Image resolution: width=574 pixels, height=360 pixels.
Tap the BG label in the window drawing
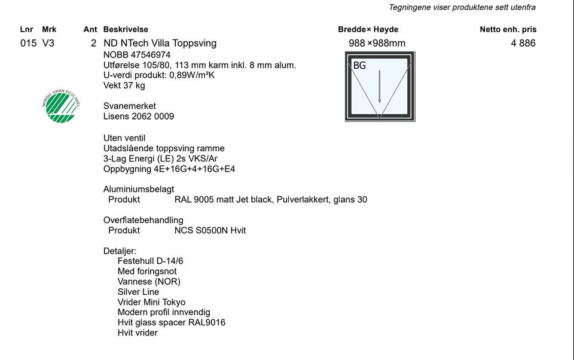[x=359, y=66]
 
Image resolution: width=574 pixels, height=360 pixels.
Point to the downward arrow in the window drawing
[x=379, y=86]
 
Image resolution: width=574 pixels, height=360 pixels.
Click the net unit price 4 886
[x=523, y=43]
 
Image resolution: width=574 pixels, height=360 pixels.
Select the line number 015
[x=28, y=43]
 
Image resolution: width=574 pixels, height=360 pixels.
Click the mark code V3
[x=48, y=43]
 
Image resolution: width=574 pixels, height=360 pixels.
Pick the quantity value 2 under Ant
[x=93, y=43]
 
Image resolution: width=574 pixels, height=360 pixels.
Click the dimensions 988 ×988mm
[x=377, y=43]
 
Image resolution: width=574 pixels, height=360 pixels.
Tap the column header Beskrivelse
[x=126, y=29]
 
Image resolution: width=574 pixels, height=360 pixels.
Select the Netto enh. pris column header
[x=508, y=29]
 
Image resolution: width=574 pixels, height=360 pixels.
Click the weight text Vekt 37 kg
[x=124, y=86]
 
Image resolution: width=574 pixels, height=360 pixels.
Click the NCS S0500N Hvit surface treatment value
[x=210, y=230]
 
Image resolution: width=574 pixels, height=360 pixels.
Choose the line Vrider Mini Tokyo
[x=151, y=302]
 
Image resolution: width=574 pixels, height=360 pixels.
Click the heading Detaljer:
[x=120, y=251]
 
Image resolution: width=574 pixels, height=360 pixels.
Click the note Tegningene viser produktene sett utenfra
[x=462, y=7]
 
